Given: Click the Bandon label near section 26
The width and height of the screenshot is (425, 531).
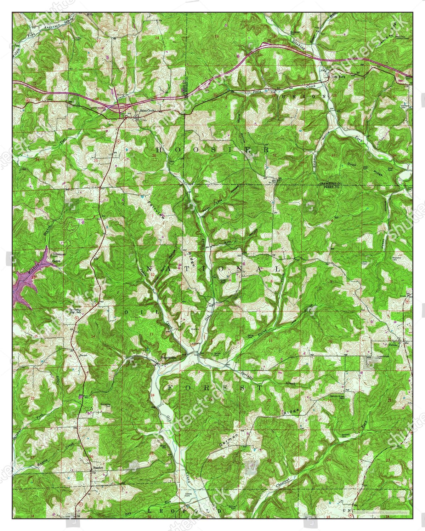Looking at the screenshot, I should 98,468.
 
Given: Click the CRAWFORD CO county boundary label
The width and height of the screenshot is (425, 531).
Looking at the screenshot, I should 330,184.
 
